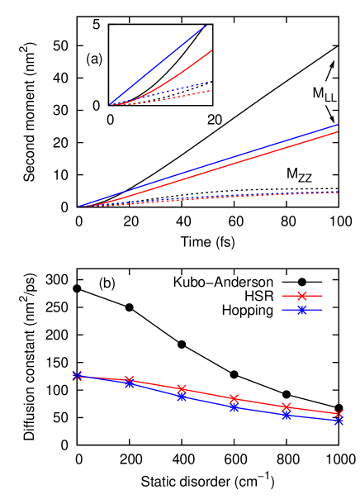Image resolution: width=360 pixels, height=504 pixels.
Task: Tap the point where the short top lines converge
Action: click(x=111, y=105)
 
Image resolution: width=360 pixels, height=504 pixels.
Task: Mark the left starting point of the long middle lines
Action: click(x=80, y=206)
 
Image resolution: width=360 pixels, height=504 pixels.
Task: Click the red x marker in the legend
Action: click(x=302, y=296)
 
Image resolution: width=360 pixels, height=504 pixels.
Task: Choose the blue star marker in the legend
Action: click(x=302, y=310)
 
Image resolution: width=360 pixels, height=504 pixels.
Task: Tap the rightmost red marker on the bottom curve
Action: click(x=339, y=414)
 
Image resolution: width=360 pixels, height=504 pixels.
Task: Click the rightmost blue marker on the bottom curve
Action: click(x=339, y=421)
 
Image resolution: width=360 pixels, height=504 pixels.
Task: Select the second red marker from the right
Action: click(x=287, y=407)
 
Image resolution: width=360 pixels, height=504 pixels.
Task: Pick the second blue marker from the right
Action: click(x=287, y=415)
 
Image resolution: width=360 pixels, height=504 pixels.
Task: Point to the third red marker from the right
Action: click(x=234, y=399)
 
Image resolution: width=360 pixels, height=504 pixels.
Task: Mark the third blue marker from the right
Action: click(x=234, y=407)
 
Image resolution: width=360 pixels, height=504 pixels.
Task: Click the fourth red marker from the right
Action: click(x=182, y=388)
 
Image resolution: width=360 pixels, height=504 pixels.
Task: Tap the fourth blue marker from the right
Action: click(x=182, y=397)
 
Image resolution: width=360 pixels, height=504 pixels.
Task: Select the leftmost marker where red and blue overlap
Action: click(x=77, y=376)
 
